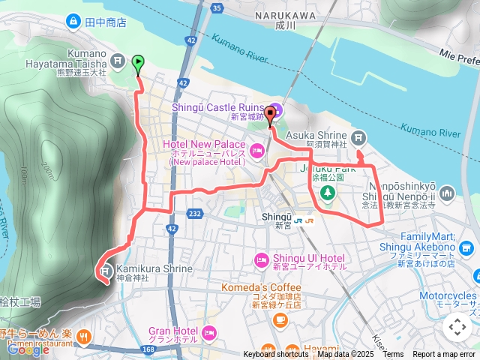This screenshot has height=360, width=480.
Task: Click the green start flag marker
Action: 139,64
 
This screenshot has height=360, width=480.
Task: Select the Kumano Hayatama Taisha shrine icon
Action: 116,59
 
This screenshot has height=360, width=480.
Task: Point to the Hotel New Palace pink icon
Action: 257,151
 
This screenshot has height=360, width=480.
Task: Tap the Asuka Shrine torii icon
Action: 359,137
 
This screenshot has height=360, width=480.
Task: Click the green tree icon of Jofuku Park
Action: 328,193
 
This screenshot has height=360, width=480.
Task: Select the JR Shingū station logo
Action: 304,221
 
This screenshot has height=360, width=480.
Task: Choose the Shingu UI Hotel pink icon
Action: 262,260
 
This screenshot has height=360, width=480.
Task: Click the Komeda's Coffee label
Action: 260,287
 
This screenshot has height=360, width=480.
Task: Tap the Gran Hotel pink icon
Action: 209,331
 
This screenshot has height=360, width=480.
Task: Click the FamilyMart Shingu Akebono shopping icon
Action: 467,247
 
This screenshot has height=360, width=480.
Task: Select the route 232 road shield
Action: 194,214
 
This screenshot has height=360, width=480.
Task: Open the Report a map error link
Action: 444,354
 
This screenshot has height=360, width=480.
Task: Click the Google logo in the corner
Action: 28,349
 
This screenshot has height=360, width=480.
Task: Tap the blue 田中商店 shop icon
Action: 73,21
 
